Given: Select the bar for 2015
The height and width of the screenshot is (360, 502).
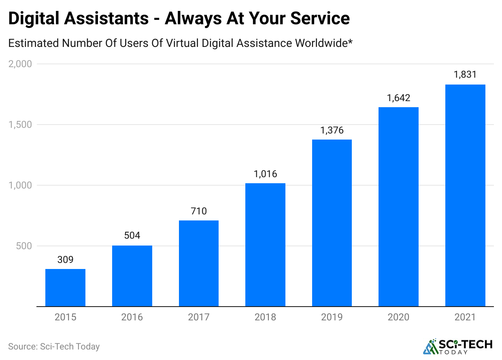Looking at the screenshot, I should pyautogui.click(x=65, y=288).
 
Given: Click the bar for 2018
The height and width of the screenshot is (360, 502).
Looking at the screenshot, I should pyautogui.click(x=265, y=245).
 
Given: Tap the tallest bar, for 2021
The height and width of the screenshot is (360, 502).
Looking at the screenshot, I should pyautogui.click(x=465, y=195).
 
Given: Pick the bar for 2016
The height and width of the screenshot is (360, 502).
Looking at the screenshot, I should pyautogui.click(x=132, y=276).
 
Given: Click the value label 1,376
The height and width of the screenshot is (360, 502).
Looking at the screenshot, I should pyautogui.click(x=332, y=130).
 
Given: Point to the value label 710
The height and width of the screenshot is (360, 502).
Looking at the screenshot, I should pyautogui.click(x=199, y=211).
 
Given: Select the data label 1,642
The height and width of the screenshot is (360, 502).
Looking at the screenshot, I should pyautogui.click(x=399, y=98).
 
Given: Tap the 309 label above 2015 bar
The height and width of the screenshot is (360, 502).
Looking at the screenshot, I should pyautogui.click(x=65, y=260).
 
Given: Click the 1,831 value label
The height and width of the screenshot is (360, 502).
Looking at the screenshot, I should pyautogui.click(x=465, y=75).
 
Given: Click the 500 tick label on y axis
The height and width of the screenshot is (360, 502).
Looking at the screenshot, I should pyautogui.click(x=24, y=246).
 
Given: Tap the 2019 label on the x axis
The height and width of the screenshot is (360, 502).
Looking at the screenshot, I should pyautogui.click(x=332, y=317).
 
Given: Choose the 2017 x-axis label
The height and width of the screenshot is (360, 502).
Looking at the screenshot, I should pyautogui.click(x=199, y=317).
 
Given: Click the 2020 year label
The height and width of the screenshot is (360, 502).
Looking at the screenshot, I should pyautogui.click(x=399, y=317).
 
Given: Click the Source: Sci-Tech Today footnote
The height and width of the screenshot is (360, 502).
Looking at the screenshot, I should pyautogui.click(x=54, y=347).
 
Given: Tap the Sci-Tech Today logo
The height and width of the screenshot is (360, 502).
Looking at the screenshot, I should pyautogui.click(x=458, y=346).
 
